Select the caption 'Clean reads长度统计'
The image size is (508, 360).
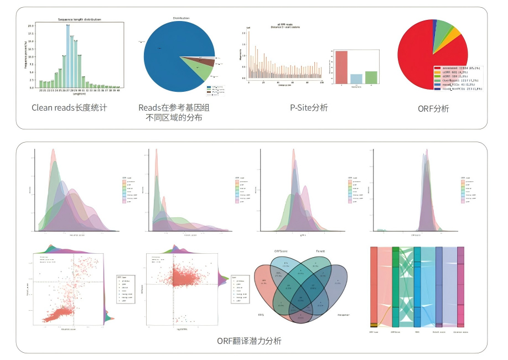[x=69, y=108]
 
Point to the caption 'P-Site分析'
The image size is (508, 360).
[x=309, y=108]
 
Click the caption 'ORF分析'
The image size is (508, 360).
[x=433, y=109]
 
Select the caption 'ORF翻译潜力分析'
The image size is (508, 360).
[x=249, y=341]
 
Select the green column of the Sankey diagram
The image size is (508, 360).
[x=395, y=288]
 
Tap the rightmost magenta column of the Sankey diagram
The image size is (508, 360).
[x=460, y=288]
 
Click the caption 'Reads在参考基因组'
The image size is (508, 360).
[x=174, y=107]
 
